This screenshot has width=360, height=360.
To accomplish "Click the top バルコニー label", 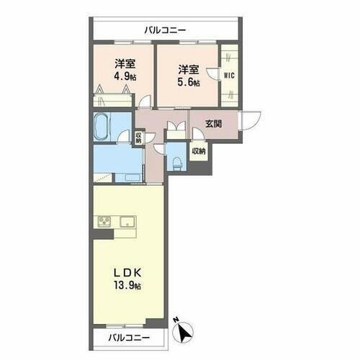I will pos(165,30).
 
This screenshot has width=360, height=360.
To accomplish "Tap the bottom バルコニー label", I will pos(130,337).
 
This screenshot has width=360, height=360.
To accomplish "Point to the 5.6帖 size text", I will pos(189,81).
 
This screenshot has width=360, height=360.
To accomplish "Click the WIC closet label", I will pos(229,75).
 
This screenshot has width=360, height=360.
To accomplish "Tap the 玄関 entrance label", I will pos(213,123).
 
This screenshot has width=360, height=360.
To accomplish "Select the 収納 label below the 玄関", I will pos(198,151).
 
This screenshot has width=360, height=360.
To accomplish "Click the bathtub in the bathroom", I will pos(101,128).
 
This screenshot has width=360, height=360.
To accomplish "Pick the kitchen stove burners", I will pos(103,221).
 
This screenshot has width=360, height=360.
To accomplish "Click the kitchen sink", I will pos(128,220).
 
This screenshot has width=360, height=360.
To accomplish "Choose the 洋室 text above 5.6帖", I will pos(189,69).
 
